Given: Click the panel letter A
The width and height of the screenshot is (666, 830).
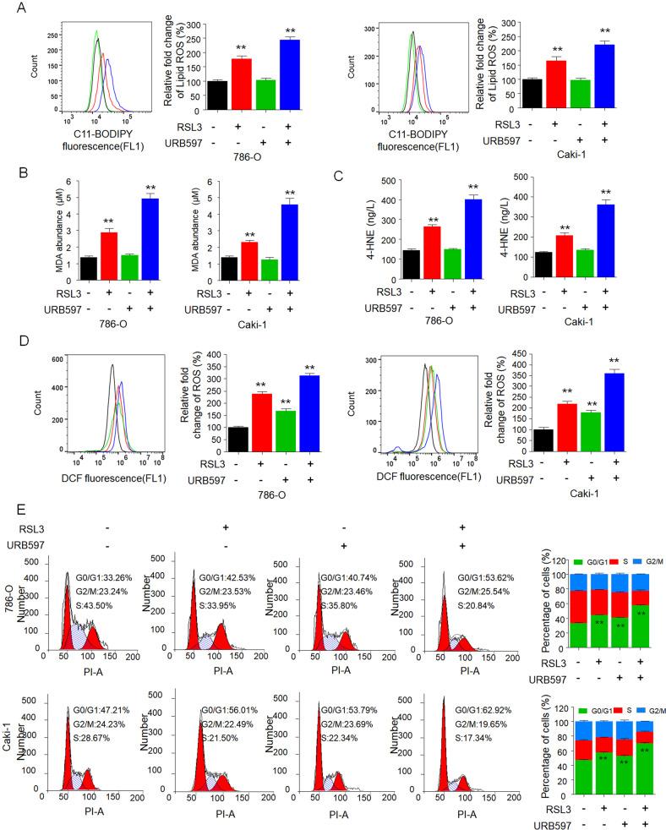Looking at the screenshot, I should (8, 9).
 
